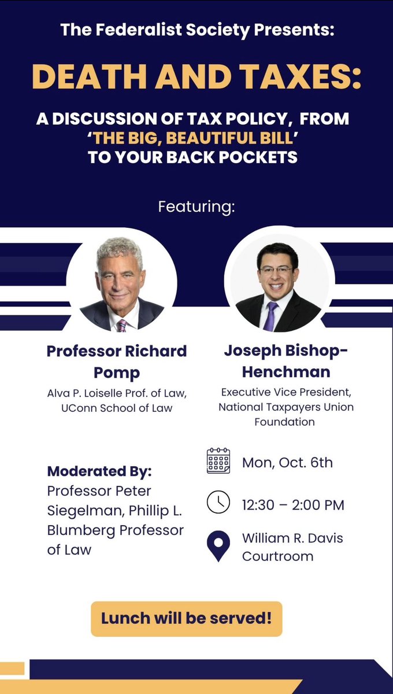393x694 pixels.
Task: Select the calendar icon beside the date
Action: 218,461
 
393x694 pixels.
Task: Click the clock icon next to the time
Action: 218,502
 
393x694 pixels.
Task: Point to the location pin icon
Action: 218,547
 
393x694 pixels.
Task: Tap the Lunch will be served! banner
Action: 186,618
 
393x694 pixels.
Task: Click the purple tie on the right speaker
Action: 270,316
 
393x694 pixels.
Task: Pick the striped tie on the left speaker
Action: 123,324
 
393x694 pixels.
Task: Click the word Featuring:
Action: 196,206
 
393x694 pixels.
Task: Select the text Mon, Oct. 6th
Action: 287,463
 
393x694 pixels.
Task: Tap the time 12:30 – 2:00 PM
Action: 293,504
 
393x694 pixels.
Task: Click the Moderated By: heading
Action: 99,471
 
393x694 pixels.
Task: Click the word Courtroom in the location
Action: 277,556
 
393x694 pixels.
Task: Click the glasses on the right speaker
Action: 276,270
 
